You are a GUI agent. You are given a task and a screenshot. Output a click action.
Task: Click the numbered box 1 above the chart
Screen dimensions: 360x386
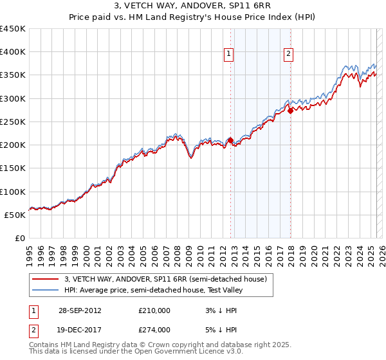click(229, 54)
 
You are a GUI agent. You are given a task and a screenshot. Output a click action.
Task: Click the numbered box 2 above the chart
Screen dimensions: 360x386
click(288, 54)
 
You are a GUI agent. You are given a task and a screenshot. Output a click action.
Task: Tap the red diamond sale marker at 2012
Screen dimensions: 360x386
click(230, 139)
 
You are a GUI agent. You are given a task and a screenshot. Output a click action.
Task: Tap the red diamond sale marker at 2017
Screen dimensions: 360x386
click(290, 110)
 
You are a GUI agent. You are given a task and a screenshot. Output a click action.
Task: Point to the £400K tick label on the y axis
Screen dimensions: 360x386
click(13, 52)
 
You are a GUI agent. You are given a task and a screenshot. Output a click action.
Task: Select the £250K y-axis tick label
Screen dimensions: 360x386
click(13, 122)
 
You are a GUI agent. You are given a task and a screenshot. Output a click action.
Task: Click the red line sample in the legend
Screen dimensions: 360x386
click(45, 279)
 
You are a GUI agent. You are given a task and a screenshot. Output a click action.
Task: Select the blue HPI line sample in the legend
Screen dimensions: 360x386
click(45, 290)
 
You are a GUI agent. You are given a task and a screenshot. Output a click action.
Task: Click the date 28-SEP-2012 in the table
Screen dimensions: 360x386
click(80, 310)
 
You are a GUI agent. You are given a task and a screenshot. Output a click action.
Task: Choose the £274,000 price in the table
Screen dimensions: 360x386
click(154, 330)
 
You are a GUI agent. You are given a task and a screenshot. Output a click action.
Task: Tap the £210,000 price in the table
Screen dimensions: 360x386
click(154, 310)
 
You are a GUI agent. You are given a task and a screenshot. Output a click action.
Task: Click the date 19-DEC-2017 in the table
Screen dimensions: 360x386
click(80, 330)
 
